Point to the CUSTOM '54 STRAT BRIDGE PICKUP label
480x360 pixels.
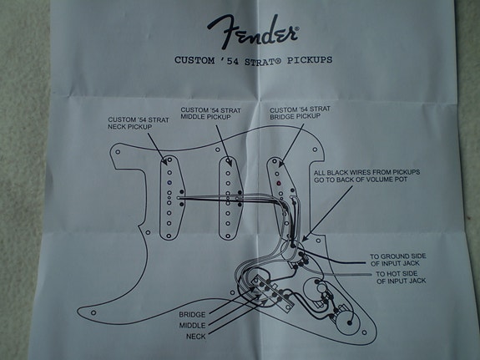pos(294,114)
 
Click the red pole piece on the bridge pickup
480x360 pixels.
pos(277,181)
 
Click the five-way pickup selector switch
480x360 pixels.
pos(267,289)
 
